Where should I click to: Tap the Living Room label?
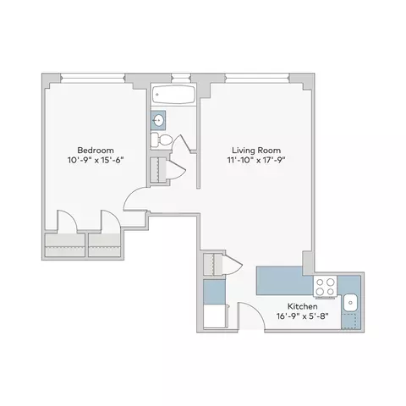point(250,145)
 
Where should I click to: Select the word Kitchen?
point(302,305)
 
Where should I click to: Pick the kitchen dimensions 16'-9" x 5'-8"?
point(302,317)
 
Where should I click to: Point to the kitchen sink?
point(352,300)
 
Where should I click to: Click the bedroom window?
point(92,80)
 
